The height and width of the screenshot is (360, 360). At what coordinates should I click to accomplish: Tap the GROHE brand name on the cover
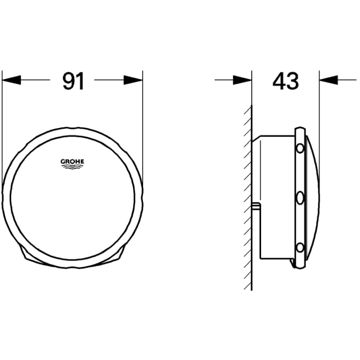tap(72, 161)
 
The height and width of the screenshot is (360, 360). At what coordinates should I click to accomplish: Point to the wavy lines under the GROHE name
tap(72, 168)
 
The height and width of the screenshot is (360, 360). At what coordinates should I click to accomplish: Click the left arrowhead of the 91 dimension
tap(12, 80)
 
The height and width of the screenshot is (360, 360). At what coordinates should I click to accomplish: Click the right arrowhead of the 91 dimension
tap(133, 80)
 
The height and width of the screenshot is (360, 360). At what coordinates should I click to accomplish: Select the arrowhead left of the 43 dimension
tap(242, 80)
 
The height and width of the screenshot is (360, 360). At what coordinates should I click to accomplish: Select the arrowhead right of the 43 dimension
tap(329, 80)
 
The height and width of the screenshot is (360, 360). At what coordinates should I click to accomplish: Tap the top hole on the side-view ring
tap(299, 147)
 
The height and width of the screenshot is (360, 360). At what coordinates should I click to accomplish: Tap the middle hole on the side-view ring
tap(299, 198)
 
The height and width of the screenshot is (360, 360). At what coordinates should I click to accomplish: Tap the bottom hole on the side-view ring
tap(299, 248)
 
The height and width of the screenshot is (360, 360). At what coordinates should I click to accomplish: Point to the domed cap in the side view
tap(312, 196)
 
